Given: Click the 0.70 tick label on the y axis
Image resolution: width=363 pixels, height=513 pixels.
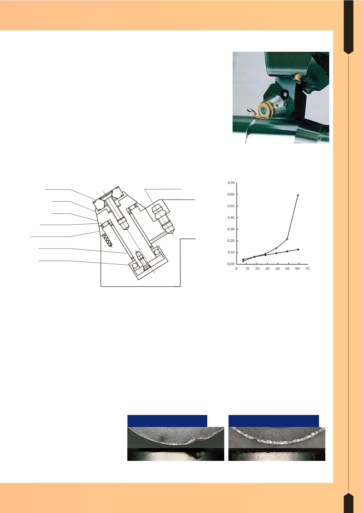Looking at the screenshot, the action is pyautogui.click(x=231, y=183).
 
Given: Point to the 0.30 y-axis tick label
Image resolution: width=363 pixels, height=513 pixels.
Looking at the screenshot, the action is pyautogui.click(x=231, y=229).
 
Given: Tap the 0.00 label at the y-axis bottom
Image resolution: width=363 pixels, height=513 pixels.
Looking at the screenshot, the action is pyautogui.click(x=231, y=264).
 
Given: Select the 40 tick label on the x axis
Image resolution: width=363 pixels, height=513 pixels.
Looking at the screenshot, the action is pyautogui.click(x=278, y=269).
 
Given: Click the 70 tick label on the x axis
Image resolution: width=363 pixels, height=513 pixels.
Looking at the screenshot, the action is pyautogui.click(x=307, y=269).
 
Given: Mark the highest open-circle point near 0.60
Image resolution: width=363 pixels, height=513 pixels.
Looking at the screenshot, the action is pyautogui.click(x=298, y=195).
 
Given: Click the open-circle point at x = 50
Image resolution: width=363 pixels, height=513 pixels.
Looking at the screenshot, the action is pyautogui.click(x=287, y=239).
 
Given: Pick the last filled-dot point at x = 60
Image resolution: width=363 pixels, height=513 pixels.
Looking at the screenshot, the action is pyautogui.click(x=298, y=249).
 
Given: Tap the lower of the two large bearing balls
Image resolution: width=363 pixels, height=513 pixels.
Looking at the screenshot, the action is pyautogui.click(x=135, y=266).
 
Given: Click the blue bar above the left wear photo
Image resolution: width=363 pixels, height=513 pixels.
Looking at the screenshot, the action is pyautogui.click(x=167, y=421).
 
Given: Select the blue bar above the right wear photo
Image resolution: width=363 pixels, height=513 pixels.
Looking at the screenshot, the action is pyautogui.click(x=274, y=421).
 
